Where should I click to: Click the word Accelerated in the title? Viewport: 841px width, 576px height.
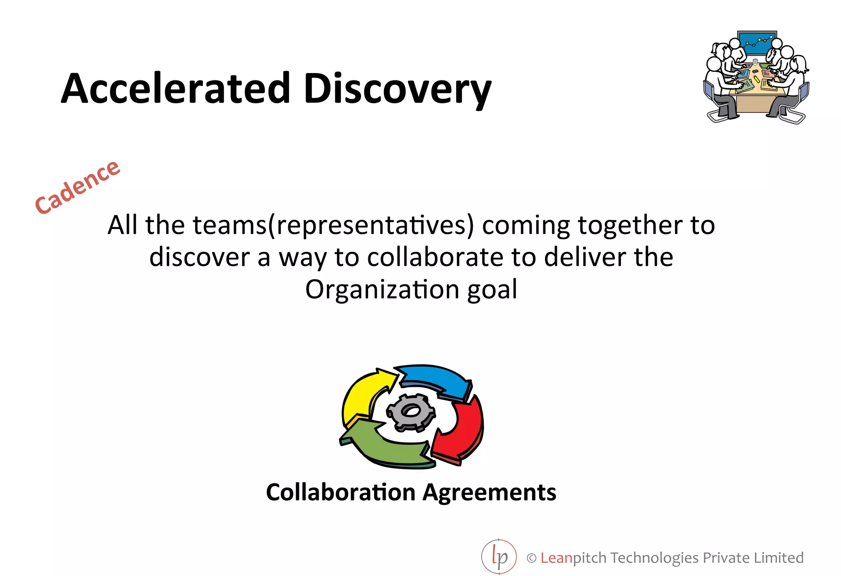point(176,88)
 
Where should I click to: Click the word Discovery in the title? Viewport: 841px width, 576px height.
point(397,89)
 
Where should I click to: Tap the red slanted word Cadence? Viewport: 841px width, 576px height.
point(77,187)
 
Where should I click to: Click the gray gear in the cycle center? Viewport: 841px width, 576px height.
point(411,412)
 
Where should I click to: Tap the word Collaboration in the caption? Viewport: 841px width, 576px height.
point(340,492)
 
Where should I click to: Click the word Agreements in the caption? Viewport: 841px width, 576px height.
point(489,493)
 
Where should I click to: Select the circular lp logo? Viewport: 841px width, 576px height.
point(499,557)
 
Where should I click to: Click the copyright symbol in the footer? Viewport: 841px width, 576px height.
point(531,558)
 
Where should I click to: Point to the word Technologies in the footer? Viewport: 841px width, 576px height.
point(655,558)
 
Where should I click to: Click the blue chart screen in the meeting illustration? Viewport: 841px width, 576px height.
point(757,42)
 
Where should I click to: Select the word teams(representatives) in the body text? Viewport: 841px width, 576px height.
point(333,225)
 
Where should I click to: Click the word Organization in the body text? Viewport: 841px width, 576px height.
point(382,290)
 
